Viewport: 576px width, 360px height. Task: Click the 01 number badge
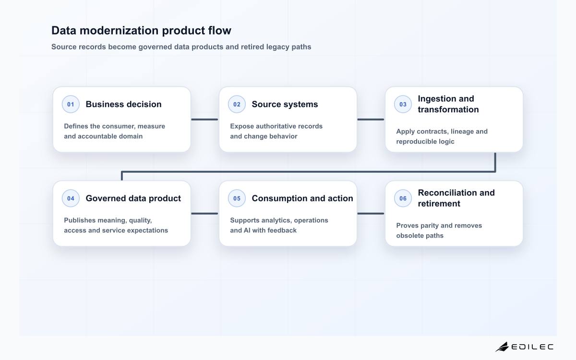[x=71, y=104]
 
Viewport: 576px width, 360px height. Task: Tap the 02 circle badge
[x=237, y=104]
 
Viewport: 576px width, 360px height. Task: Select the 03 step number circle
[x=403, y=104]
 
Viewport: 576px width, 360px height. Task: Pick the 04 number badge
[x=71, y=198]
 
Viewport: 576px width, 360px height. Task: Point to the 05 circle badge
[x=237, y=198]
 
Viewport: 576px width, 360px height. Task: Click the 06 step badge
[x=403, y=198]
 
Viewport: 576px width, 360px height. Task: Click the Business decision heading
[x=123, y=104]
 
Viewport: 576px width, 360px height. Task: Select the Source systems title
[x=285, y=104]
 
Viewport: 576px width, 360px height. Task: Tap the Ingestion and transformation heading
[x=448, y=104]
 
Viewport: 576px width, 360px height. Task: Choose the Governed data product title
[x=133, y=198]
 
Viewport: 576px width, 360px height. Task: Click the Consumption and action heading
[x=302, y=198]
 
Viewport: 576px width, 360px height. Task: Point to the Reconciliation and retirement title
[x=456, y=198]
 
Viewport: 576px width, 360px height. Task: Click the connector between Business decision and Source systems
[x=204, y=120]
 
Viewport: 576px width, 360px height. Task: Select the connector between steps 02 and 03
[x=371, y=120]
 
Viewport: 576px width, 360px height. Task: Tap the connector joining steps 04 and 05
[x=204, y=214]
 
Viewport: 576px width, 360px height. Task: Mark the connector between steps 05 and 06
[x=371, y=214]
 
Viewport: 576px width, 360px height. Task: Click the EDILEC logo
[x=524, y=347]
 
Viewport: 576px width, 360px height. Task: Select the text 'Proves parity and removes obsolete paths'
[x=439, y=230]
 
